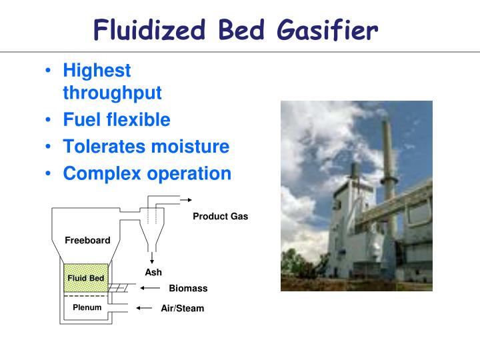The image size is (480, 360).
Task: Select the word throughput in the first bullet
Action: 112,93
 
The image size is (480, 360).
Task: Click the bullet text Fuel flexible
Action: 117,120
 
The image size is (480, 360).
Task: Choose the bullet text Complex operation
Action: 147,173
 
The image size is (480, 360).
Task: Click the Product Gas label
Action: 220,216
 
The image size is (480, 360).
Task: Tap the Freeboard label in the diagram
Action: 87,240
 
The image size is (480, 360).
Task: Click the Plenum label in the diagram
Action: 87,307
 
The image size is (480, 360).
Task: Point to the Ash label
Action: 153,272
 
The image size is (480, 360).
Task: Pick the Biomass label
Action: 188,288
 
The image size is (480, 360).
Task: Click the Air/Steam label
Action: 182,308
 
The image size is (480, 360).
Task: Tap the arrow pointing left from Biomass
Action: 151,288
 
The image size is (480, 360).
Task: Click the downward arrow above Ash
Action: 153,258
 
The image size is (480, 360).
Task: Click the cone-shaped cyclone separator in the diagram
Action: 153,230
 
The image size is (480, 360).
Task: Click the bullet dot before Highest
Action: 51,71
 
